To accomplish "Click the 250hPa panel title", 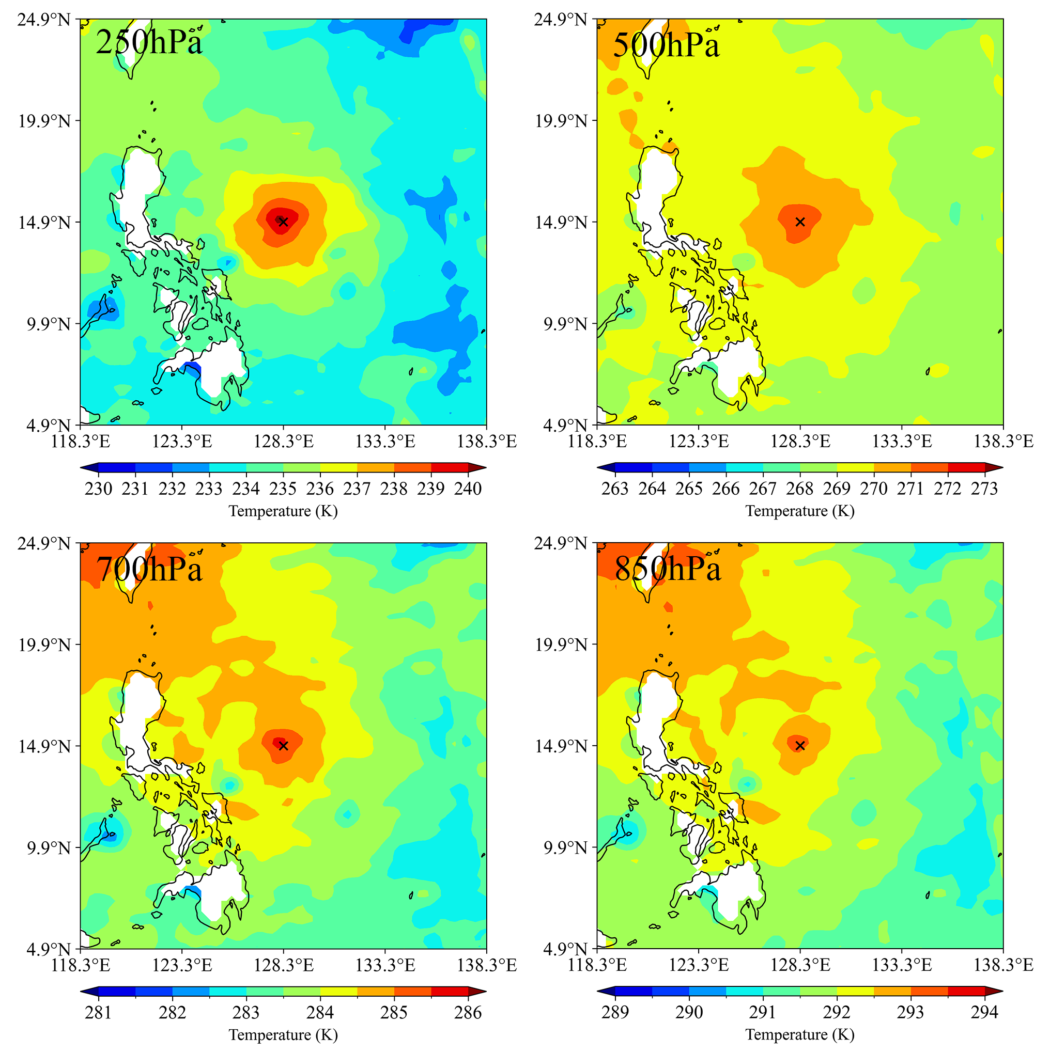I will [149, 42].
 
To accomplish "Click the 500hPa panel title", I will [666, 45].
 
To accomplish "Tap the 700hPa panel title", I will [149, 570].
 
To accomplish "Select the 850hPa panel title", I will [667, 570].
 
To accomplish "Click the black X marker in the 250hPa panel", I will [283, 221].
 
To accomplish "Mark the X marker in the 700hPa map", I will [283, 746].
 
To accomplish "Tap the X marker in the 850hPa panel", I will [799, 746].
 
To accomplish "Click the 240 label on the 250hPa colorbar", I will [468, 489].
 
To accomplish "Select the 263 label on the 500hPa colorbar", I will [615, 489].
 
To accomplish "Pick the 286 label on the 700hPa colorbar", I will [468, 1013].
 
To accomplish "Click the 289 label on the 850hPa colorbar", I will [615, 1013].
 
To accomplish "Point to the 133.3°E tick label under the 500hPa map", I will [902, 442].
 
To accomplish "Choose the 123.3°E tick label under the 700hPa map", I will [182, 966].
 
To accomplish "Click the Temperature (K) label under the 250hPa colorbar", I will [283, 511].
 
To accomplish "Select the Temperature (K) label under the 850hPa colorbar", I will [799, 1035].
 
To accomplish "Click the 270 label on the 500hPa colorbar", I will [874, 489].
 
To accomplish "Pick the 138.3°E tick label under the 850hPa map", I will [1003, 966].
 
